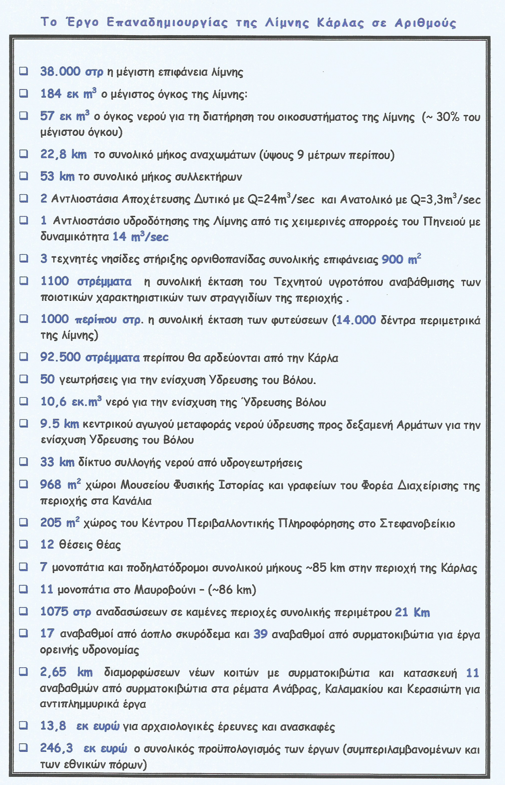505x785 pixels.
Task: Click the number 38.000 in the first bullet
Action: (x=60, y=72)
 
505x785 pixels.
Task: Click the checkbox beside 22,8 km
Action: (x=24, y=154)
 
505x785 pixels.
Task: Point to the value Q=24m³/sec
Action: (x=281, y=199)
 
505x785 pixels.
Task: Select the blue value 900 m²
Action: (x=401, y=259)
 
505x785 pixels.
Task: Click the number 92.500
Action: (x=60, y=357)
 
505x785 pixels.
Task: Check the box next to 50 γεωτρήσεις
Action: (x=24, y=379)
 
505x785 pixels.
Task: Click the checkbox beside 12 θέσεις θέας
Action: (x=24, y=544)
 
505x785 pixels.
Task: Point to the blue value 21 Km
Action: (x=412, y=612)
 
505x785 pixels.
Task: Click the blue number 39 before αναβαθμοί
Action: (x=260, y=634)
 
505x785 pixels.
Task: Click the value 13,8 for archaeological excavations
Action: (x=53, y=726)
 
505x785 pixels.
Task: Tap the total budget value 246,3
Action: (x=56, y=748)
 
